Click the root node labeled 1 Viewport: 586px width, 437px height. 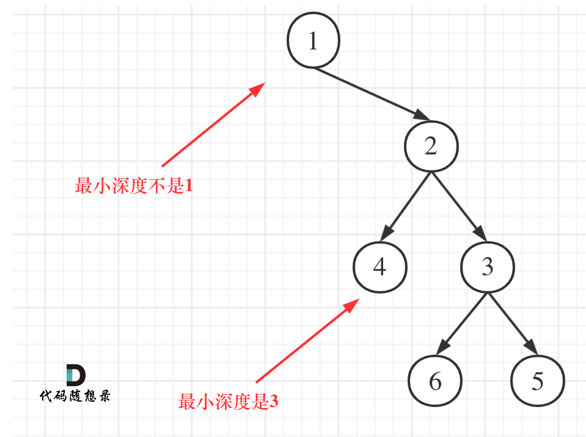point(313,41)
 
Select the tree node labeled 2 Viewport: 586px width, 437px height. point(431,146)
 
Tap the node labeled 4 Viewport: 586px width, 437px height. point(379,267)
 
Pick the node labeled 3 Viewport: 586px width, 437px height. point(487,267)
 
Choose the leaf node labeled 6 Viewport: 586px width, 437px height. point(435,381)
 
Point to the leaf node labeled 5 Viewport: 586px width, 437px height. point(537,381)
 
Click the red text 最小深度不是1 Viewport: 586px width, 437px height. point(134,186)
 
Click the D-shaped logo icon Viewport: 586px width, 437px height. point(75,375)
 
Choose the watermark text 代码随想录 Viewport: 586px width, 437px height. point(75,396)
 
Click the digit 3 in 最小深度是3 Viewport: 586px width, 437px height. point(273,402)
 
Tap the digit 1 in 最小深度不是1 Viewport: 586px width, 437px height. point(188,186)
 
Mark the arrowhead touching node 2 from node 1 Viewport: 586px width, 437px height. point(422,115)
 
